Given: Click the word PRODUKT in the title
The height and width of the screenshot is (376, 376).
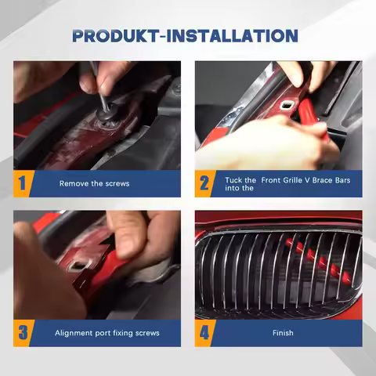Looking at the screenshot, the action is pos(115,36).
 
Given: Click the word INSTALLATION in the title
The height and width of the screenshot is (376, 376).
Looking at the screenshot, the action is pos(232,36).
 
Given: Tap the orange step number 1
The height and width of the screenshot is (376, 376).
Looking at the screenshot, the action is pos(23,183).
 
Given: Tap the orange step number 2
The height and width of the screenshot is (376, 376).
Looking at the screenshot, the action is pos(204,183).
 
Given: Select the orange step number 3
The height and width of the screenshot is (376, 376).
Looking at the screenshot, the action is pos(23,333).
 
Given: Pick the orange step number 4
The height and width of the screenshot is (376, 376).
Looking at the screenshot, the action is pos(204,333).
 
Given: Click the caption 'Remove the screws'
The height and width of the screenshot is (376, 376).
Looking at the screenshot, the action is pos(94,183).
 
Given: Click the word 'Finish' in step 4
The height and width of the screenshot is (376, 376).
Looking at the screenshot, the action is pos(283,333).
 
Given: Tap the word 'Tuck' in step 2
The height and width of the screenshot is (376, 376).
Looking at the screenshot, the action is pos(233,180).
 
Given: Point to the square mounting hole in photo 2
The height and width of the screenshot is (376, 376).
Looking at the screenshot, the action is pos(287,105).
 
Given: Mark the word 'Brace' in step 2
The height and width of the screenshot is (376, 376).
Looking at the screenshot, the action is pos(322,180).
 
